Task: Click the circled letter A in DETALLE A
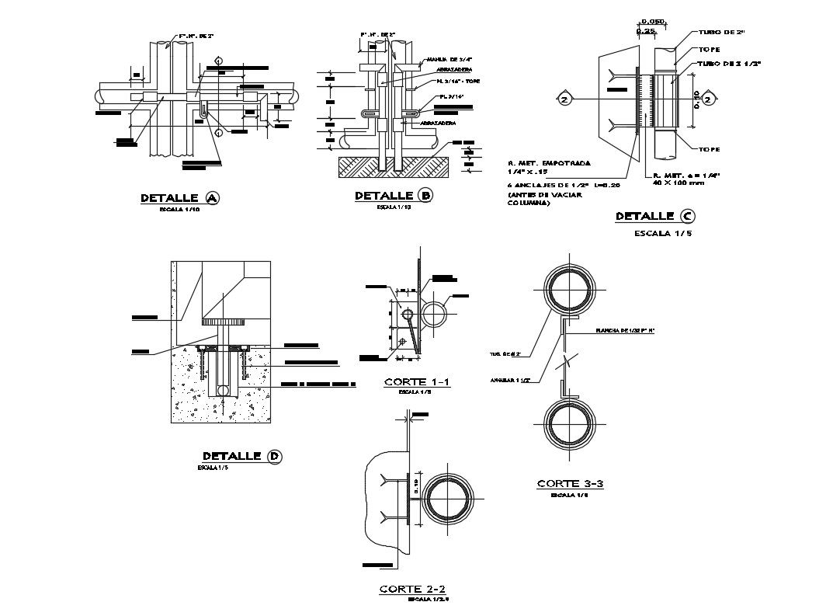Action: click(213, 199)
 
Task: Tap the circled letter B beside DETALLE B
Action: click(424, 196)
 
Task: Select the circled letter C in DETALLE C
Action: click(686, 216)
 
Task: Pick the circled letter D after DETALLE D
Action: click(274, 456)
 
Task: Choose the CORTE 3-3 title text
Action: click(570, 484)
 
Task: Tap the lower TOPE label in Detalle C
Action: click(708, 149)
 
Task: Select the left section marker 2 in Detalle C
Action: click(564, 99)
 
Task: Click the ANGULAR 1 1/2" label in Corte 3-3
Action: click(509, 381)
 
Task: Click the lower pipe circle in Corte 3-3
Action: click(568, 426)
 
